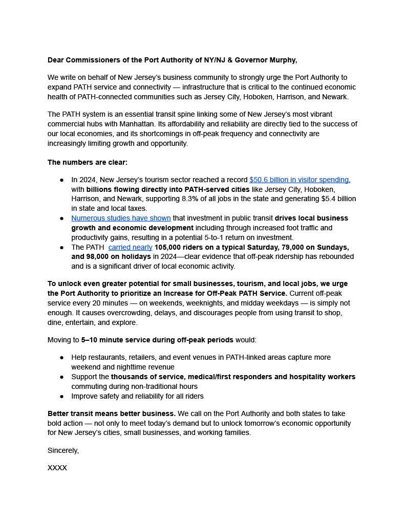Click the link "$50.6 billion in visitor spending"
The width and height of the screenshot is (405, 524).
coord(299,180)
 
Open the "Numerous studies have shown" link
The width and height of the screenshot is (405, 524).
coord(121,219)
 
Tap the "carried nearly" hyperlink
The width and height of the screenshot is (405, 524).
coord(130,248)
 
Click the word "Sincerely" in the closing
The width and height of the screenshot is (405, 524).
coord(62,451)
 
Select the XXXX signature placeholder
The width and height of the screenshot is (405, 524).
coord(57,468)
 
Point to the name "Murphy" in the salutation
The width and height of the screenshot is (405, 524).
coord(283,60)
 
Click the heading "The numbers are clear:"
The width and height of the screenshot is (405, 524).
coord(88,163)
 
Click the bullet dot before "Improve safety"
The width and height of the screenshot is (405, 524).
coord(62,397)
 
